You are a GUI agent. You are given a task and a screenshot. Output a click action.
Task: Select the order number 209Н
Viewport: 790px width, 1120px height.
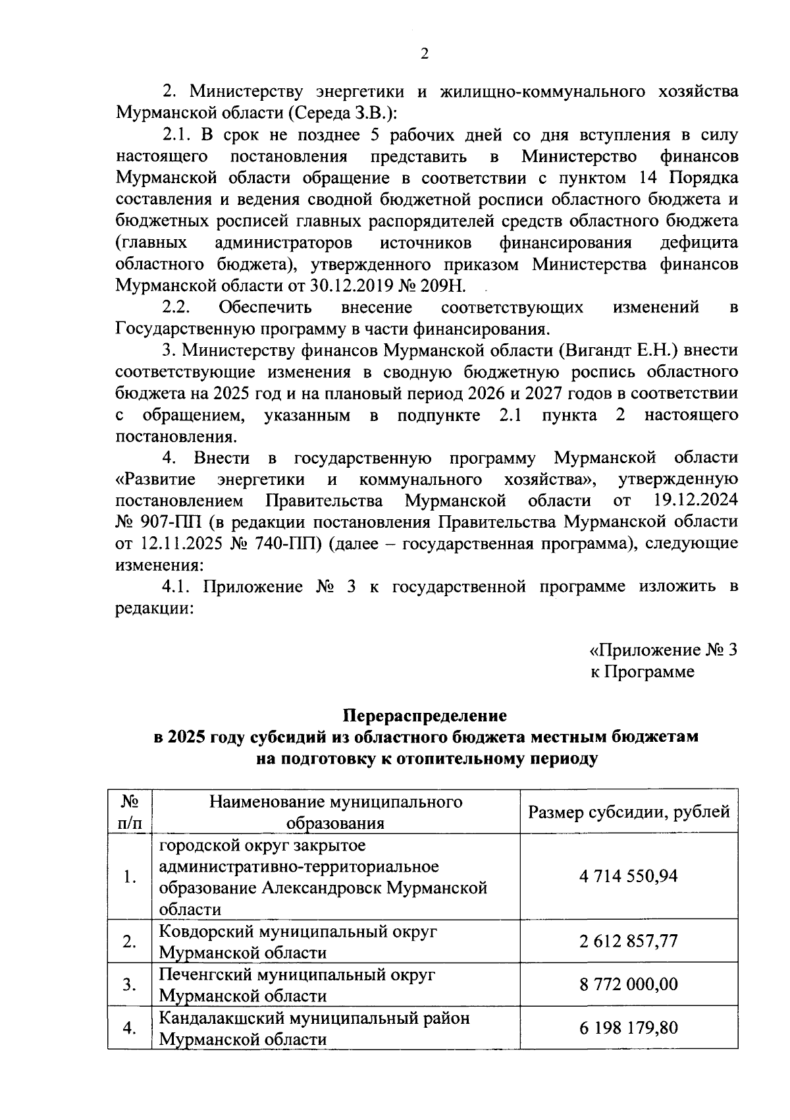(444, 286)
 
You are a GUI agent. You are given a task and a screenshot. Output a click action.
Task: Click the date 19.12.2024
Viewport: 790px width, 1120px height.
(697, 501)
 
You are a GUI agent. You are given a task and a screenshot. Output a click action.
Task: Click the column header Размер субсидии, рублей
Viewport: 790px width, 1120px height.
(629, 812)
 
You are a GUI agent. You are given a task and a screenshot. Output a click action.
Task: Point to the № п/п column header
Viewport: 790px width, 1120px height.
(130, 812)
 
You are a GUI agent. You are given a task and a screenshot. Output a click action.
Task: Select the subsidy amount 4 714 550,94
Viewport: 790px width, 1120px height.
(629, 877)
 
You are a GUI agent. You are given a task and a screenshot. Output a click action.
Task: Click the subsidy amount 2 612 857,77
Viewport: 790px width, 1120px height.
(629, 941)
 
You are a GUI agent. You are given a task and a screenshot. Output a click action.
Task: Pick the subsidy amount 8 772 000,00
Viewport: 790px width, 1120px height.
(629, 984)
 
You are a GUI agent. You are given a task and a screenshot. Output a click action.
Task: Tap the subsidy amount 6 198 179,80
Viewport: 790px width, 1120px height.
(629, 1028)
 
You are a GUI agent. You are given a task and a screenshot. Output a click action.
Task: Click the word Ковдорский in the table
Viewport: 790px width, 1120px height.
(207, 932)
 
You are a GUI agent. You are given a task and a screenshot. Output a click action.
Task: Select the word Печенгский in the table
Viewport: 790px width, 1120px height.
(205, 974)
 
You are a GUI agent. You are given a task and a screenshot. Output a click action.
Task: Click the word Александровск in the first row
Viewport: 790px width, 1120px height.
(321, 888)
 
